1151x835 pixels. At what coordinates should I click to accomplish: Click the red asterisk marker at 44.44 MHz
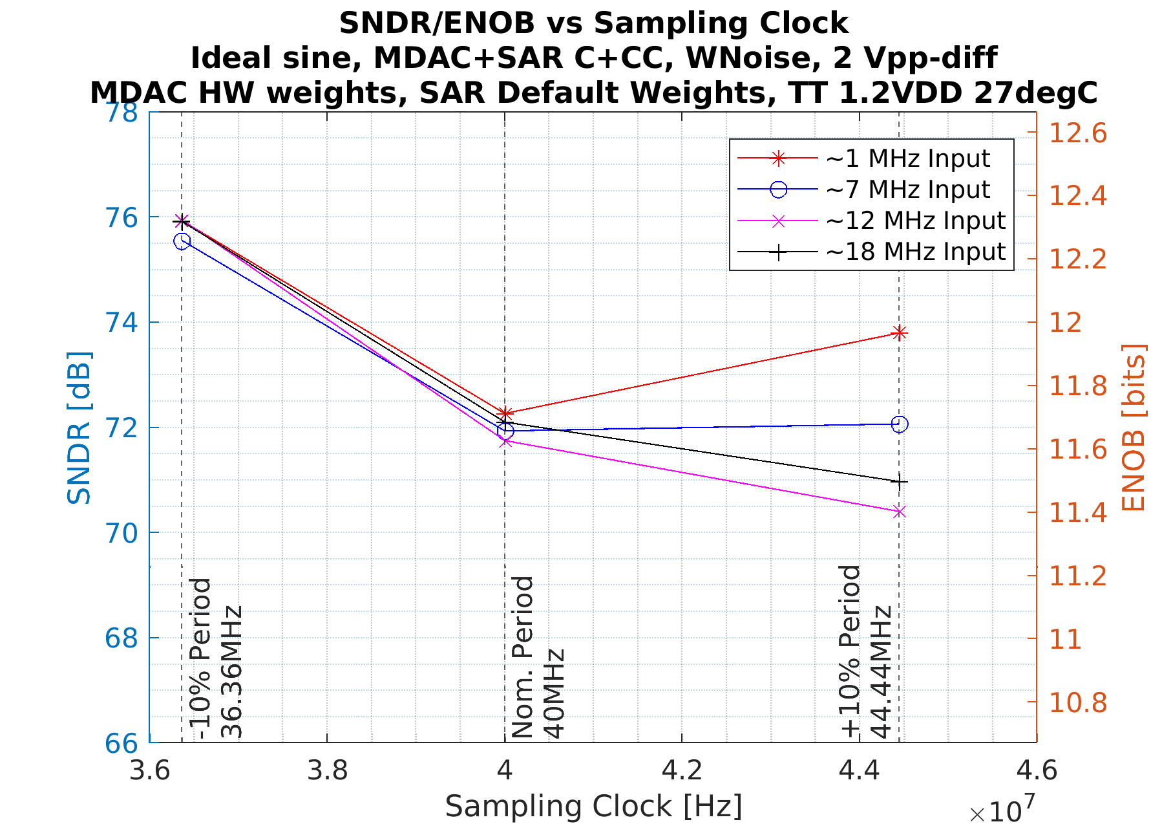coord(899,333)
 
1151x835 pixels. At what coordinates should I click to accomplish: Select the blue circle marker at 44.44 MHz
coord(899,424)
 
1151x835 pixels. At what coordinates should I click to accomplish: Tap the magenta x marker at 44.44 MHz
coord(899,512)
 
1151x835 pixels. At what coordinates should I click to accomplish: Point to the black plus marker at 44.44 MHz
coord(899,482)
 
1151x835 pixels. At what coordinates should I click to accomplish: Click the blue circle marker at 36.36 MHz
coord(182,241)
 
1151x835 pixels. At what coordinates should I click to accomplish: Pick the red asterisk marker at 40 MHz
coord(505,413)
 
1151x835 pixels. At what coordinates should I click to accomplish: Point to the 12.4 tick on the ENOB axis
coord(1077,196)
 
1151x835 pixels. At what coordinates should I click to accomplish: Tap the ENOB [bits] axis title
coord(1133,428)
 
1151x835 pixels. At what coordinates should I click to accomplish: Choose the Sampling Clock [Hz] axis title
coord(593,807)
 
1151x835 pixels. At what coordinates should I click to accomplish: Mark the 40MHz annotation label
coord(554,693)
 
